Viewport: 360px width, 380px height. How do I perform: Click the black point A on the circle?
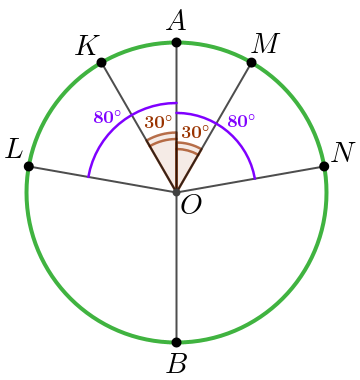point(177,43)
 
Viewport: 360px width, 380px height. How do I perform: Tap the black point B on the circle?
point(177,342)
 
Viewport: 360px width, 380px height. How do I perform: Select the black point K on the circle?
point(102,63)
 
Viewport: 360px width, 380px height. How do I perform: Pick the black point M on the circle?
point(252,63)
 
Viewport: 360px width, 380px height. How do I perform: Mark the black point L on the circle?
point(29,166)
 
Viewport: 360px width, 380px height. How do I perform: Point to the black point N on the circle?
point(324,166)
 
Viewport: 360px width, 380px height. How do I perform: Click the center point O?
point(177,192)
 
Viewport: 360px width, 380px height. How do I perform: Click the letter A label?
point(176,21)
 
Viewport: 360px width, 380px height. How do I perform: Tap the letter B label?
point(177,364)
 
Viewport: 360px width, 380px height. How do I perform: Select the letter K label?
point(86,46)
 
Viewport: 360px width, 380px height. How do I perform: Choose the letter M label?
point(265,43)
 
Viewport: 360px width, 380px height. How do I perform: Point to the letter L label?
point(14,150)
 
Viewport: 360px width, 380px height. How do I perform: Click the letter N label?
point(343,153)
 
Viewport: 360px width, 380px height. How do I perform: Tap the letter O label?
point(191,206)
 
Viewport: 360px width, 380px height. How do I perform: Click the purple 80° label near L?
point(107,117)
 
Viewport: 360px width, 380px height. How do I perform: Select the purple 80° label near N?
point(241,121)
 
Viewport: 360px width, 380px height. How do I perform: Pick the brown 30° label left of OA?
point(158,122)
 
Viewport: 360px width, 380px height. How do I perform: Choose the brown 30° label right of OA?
point(195,132)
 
